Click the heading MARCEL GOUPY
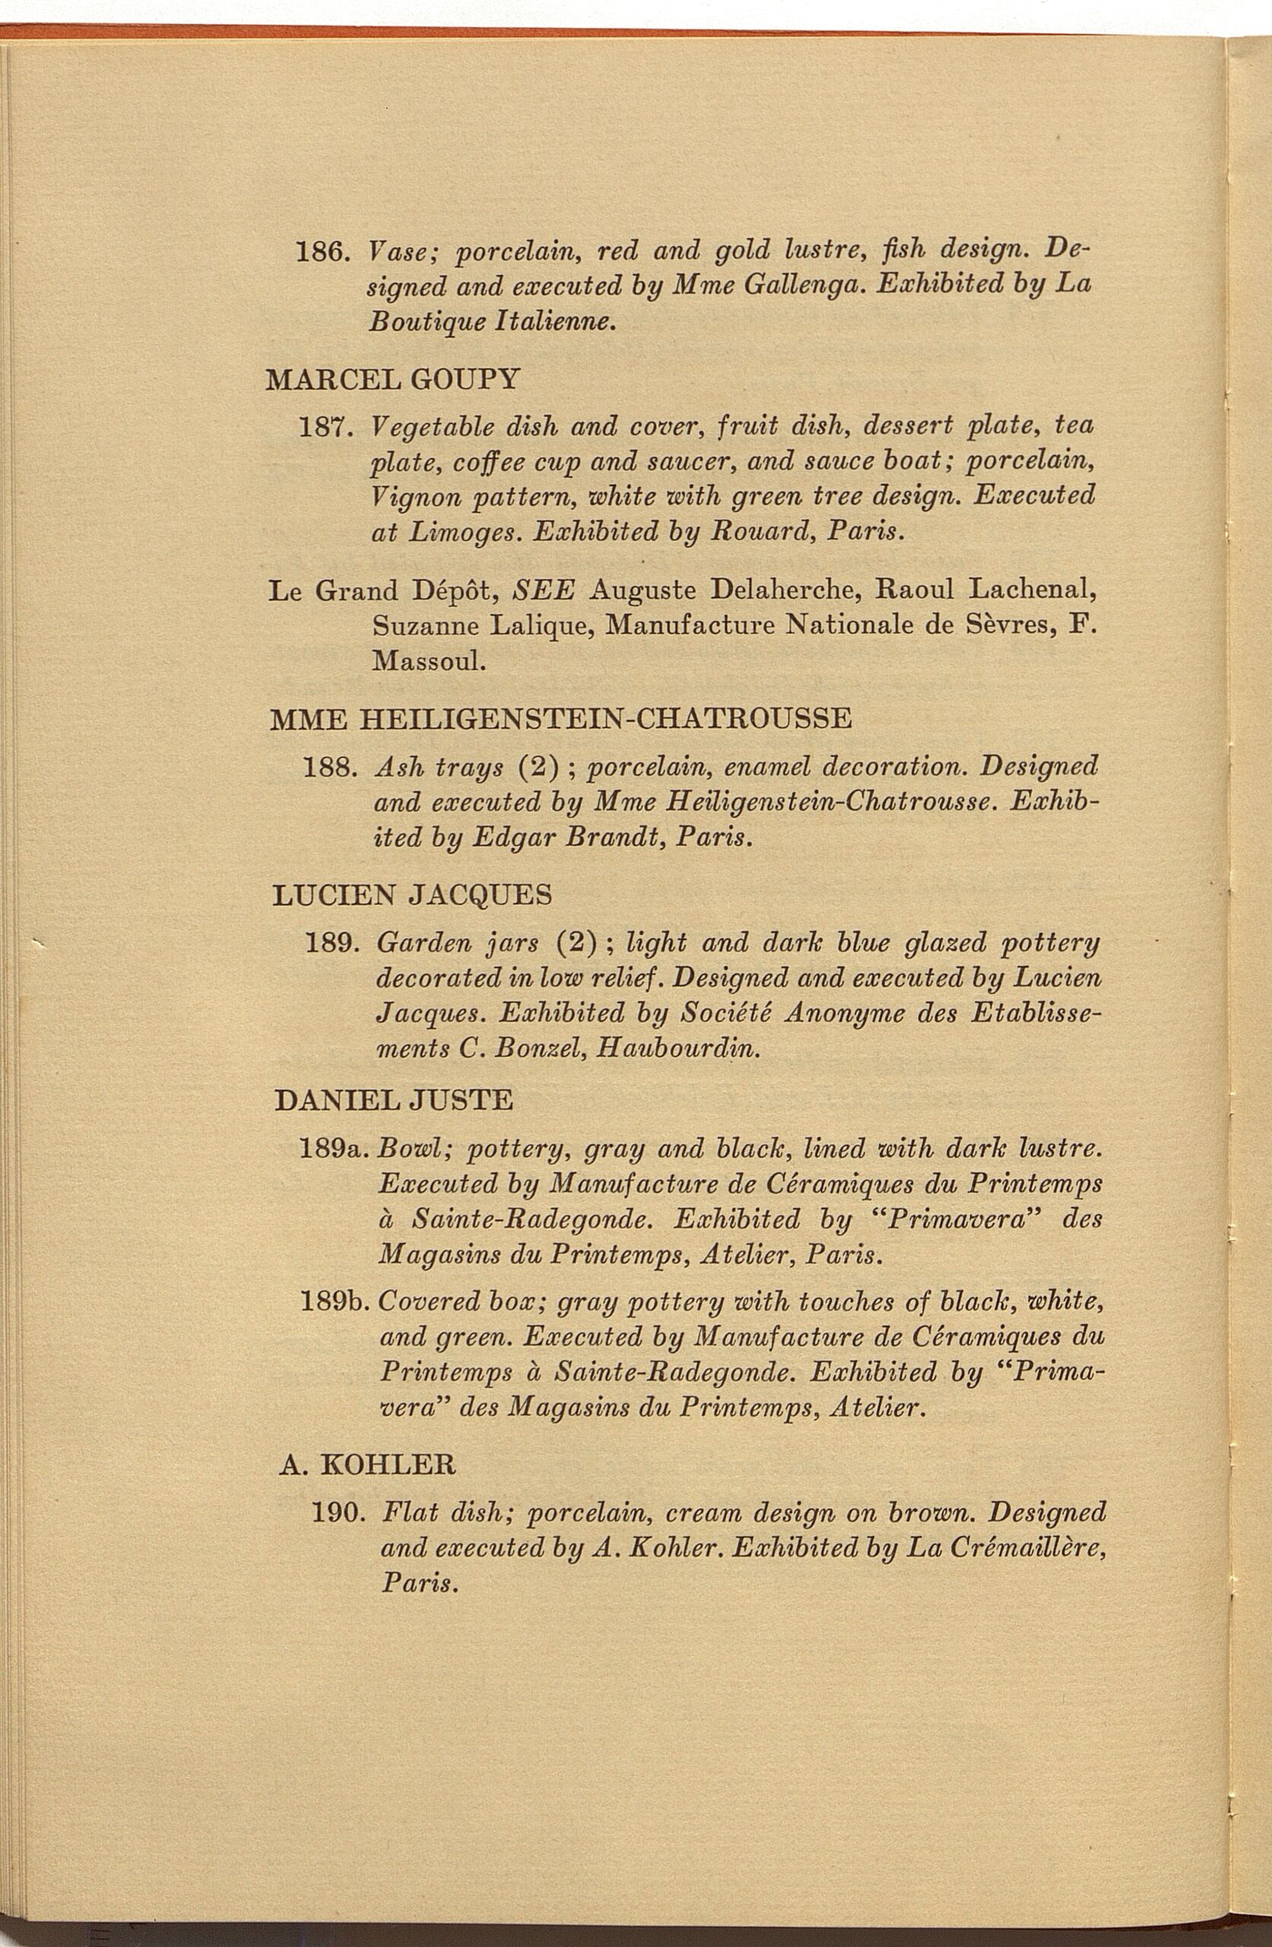393,380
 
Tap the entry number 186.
323,250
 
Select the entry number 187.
325,426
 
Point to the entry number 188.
327,767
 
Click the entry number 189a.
335,1148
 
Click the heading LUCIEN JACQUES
412,895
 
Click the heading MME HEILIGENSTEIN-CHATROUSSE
561,719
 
